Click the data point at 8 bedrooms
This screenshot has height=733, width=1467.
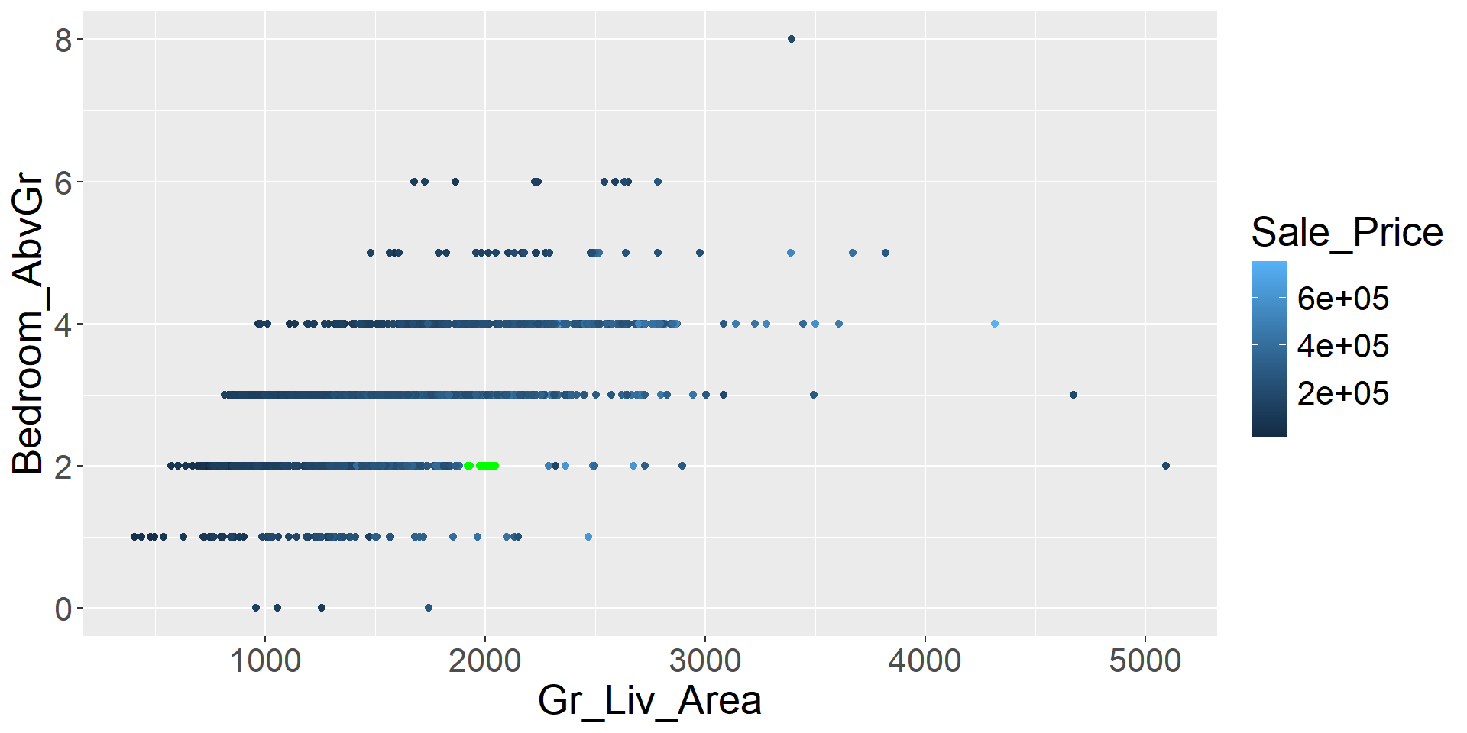tap(791, 39)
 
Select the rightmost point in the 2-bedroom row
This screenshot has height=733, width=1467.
tap(1165, 466)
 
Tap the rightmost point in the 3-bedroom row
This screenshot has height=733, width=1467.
tap(1073, 395)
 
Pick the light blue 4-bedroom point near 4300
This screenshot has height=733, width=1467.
tap(994, 324)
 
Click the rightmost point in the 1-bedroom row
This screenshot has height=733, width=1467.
tap(588, 537)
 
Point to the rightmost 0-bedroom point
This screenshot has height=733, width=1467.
tap(428, 608)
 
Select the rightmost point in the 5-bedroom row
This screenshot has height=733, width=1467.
tap(885, 253)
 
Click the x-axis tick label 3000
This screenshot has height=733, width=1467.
tap(704, 661)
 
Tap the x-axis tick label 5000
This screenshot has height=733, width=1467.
tap(1145, 661)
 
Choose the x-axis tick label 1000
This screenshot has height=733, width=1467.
tap(265, 661)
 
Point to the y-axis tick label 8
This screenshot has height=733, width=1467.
tap(63, 40)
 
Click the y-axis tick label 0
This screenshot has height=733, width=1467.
tap(63, 609)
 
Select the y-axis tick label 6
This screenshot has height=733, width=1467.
tap(63, 182)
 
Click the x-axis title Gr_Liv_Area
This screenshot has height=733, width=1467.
tap(649, 701)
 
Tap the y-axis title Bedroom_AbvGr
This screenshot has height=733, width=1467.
tap(29, 324)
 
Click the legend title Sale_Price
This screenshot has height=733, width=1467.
tap(1346, 232)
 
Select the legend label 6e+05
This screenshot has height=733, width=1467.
tap(1342, 299)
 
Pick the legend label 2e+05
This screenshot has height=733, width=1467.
tap(1342, 394)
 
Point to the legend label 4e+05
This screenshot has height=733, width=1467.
tap(1342, 346)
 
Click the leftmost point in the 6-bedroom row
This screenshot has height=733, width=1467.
tap(414, 182)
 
